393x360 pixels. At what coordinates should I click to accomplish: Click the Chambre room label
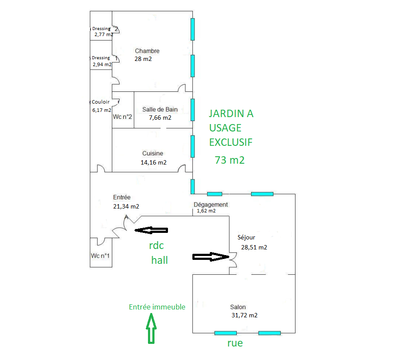[147, 51]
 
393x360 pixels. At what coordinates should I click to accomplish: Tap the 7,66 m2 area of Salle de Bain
[160, 118]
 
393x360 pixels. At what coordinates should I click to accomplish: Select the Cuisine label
[153, 153]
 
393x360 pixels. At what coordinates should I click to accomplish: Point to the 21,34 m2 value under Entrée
[126, 206]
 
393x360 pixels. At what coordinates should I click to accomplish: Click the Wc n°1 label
[100, 256]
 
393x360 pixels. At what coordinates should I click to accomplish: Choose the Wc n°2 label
[122, 117]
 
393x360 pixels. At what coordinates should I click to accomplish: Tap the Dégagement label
[211, 205]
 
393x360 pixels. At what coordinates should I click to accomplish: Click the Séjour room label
[246, 237]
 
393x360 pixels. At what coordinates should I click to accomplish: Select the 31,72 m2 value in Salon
[244, 315]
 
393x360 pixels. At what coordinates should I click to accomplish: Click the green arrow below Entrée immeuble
[151, 328]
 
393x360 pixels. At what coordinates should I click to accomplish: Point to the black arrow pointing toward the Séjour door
[211, 257]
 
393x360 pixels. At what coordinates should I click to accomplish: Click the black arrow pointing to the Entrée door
[151, 230]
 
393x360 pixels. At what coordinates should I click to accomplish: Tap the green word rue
[235, 343]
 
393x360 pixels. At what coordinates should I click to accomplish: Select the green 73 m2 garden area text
[230, 160]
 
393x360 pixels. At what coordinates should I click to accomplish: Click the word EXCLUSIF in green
[231, 142]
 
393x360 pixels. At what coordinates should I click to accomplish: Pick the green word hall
[159, 260]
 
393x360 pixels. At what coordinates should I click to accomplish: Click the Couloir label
[101, 102]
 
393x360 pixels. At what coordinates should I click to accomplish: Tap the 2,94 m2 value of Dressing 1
[102, 64]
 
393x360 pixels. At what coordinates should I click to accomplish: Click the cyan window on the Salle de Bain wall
[192, 110]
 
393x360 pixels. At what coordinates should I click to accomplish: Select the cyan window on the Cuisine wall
[192, 146]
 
